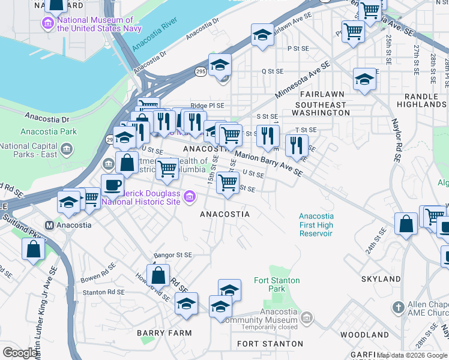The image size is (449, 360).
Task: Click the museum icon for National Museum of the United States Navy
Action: tap(47, 25)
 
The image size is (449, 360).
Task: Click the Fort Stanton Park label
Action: tap(277, 284)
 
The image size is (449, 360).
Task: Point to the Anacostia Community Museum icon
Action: tap(307, 316)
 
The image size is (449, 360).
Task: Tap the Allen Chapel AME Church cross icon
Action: tap(397, 307)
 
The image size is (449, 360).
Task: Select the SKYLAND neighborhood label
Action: tap(381, 280)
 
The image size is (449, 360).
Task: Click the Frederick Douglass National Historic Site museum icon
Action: tap(190, 196)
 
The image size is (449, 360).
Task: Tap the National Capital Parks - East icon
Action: tap(67, 148)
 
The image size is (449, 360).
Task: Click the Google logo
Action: tap(20, 353)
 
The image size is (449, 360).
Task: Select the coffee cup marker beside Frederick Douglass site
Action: tap(112, 185)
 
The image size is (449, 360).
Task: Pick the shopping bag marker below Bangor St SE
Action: tap(158, 276)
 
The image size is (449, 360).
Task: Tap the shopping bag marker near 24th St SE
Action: tap(406, 224)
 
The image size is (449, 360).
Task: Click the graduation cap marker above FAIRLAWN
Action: tap(364, 79)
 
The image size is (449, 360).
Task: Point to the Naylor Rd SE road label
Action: tap(397, 143)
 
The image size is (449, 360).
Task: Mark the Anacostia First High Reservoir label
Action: tap(316, 224)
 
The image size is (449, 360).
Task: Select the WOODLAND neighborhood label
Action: tap(364, 334)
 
